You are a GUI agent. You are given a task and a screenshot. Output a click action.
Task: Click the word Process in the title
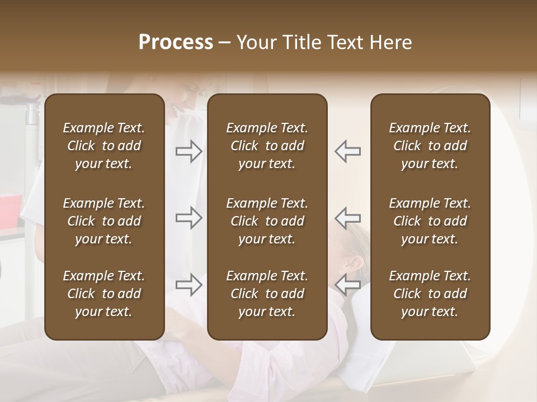[176, 42]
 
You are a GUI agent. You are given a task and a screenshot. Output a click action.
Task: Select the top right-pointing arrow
[189, 151]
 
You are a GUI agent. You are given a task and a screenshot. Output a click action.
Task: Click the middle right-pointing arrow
[189, 217]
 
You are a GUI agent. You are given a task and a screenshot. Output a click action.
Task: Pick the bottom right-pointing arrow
[189, 285]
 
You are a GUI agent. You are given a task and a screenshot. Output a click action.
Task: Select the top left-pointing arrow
[347, 151]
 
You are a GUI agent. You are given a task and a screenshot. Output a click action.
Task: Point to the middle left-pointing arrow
[347, 217]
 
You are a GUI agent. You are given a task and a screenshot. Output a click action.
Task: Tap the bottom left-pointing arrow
[347, 285]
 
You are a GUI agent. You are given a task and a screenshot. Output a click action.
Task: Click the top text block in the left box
[104, 146]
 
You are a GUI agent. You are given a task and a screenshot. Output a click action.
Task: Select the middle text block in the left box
[104, 221]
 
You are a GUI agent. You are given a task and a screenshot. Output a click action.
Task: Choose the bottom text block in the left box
[104, 294]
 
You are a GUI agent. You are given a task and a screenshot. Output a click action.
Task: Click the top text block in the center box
[267, 146]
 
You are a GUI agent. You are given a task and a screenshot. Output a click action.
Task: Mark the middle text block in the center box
[267, 221]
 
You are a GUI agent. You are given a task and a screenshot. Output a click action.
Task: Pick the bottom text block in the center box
[267, 294]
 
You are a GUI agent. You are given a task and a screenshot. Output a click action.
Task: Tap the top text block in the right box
[430, 146]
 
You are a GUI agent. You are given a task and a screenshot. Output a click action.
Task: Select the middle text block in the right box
[430, 221]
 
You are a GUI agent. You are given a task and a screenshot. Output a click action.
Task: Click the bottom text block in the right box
[430, 294]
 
